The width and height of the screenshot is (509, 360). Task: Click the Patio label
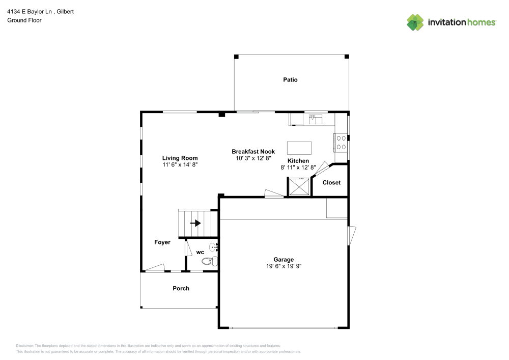pyautogui.click(x=291, y=80)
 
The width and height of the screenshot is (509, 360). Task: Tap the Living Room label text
pyautogui.click(x=180, y=158)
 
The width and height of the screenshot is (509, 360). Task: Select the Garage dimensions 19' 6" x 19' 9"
pyautogui.click(x=284, y=266)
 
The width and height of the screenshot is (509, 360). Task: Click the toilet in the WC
pyautogui.click(x=209, y=261)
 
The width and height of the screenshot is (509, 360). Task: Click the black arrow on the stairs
pyautogui.click(x=195, y=223)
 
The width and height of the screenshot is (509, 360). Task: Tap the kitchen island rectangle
pyautogui.click(x=299, y=148)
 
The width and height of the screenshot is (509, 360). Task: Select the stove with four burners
pyautogui.click(x=341, y=142)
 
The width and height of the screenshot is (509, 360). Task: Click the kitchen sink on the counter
pyautogui.click(x=316, y=119)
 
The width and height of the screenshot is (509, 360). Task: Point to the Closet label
pyautogui.click(x=331, y=182)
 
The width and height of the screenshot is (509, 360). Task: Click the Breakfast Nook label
pyautogui.click(x=253, y=152)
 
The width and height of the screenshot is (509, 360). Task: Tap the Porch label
pyautogui.click(x=181, y=288)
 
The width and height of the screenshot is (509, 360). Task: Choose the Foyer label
pyautogui.click(x=162, y=242)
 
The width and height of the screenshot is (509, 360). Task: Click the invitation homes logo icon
pyautogui.click(x=415, y=22)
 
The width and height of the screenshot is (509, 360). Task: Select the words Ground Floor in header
pyautogui.click(x=24, y=20)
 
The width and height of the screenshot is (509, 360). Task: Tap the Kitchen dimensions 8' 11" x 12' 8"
pyautogui.click(x=298, y=167)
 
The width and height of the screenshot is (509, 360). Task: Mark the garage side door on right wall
pyautogui.click(x=352, y=235)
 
